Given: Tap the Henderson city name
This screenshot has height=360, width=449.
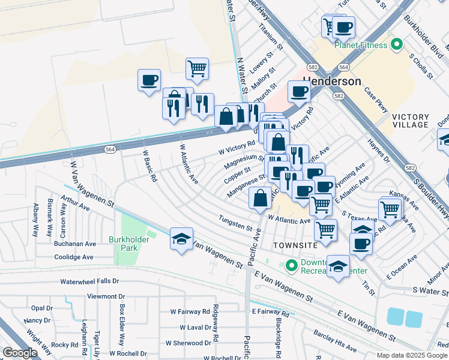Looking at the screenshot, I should [x=333, y=81].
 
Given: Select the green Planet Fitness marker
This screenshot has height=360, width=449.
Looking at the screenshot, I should [x=396, y=44].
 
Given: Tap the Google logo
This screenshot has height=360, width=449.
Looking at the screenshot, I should [x=20, y=353].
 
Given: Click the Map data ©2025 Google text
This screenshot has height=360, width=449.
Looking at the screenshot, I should [x=412, y=355].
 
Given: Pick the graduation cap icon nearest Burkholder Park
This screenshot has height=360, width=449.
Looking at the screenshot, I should [x=181, y=238].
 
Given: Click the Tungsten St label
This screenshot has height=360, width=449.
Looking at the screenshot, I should [x=235, y=223].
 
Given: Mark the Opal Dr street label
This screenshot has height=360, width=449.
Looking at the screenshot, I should [x=42, y=308].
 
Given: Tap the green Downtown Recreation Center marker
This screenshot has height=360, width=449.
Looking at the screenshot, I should [x=292, y=265].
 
